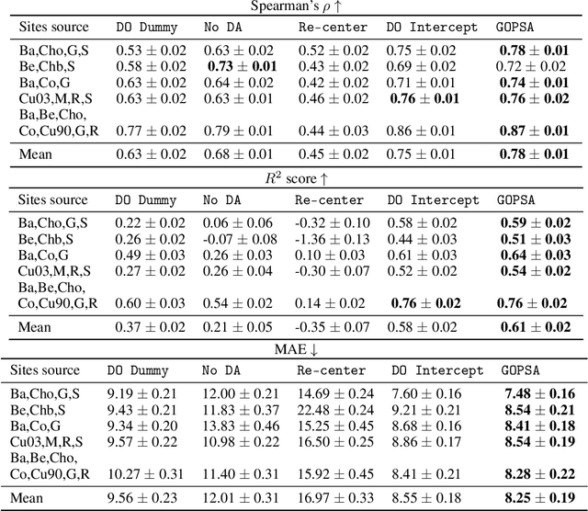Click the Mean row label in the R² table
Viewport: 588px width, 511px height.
(36, 326)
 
